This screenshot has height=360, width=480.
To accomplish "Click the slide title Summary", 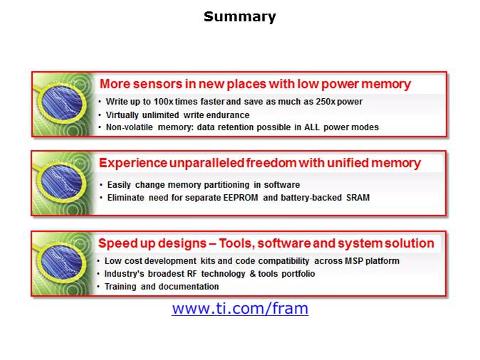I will pyautogui.click(x=239, y=17).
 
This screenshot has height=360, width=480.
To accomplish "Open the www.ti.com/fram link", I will pyautogui.click(x=239, y=309).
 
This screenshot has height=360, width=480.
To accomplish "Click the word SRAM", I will pyautogui.click(x=358, y=198).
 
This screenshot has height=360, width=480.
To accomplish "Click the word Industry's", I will pyautogui.click(x=125, y=274).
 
